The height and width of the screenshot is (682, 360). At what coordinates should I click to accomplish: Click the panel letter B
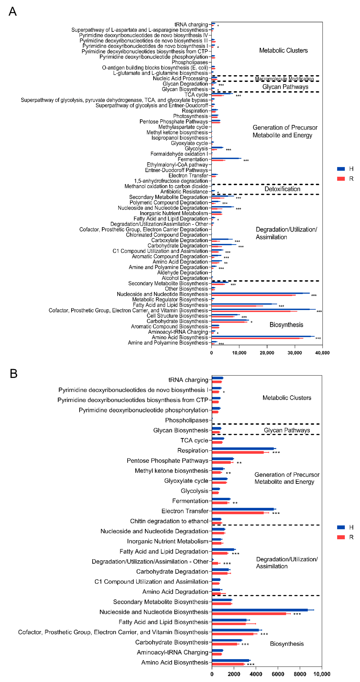tap(14, 374)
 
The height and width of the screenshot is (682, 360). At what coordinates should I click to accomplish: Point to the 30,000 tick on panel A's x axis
tap(295, 353)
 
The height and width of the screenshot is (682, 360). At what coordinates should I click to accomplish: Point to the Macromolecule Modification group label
tap(284, 79)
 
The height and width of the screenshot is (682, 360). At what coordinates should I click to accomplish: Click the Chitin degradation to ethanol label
tap(169, 521)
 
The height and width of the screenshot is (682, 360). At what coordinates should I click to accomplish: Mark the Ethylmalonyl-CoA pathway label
tap(177, 165)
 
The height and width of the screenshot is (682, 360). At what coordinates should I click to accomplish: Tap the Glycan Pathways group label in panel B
tap(287, 430)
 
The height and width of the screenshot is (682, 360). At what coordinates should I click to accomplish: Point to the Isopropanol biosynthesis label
tap(179, 138)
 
